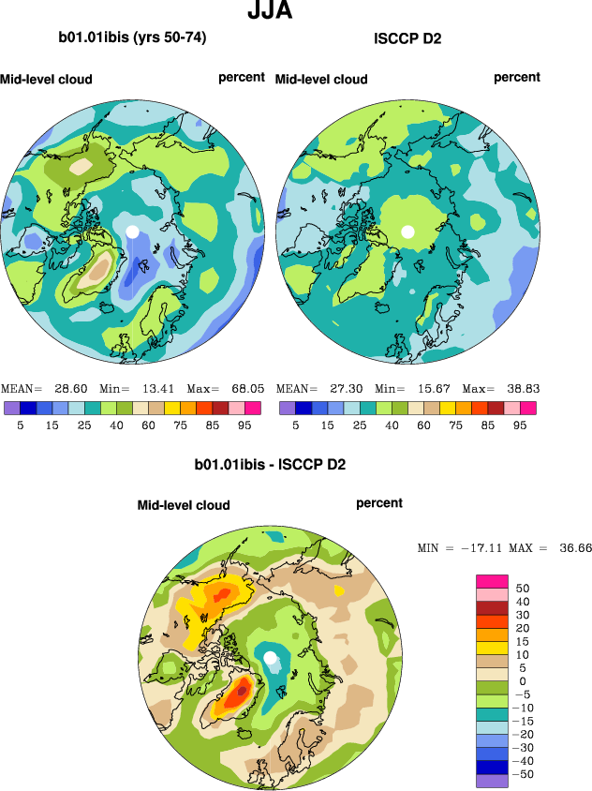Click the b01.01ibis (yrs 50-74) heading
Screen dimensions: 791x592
(132, 38)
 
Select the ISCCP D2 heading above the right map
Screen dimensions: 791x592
(407, 38)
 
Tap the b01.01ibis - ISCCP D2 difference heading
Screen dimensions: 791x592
(270, 464)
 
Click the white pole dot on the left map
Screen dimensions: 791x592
(133, 231)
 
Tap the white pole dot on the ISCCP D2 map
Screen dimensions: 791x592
(407, 231)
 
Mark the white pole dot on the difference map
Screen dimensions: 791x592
(271, 658)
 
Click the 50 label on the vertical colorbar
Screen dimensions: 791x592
(523, 589)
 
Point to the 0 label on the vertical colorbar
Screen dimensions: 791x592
(523, 680)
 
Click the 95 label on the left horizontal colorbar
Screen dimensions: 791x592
(251, 425)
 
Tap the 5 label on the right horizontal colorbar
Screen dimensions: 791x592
(295, 425)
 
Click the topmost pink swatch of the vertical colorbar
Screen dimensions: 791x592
(493, 581)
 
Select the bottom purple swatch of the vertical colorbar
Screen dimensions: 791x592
(493, 781)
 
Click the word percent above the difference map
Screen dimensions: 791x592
(379, 503)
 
